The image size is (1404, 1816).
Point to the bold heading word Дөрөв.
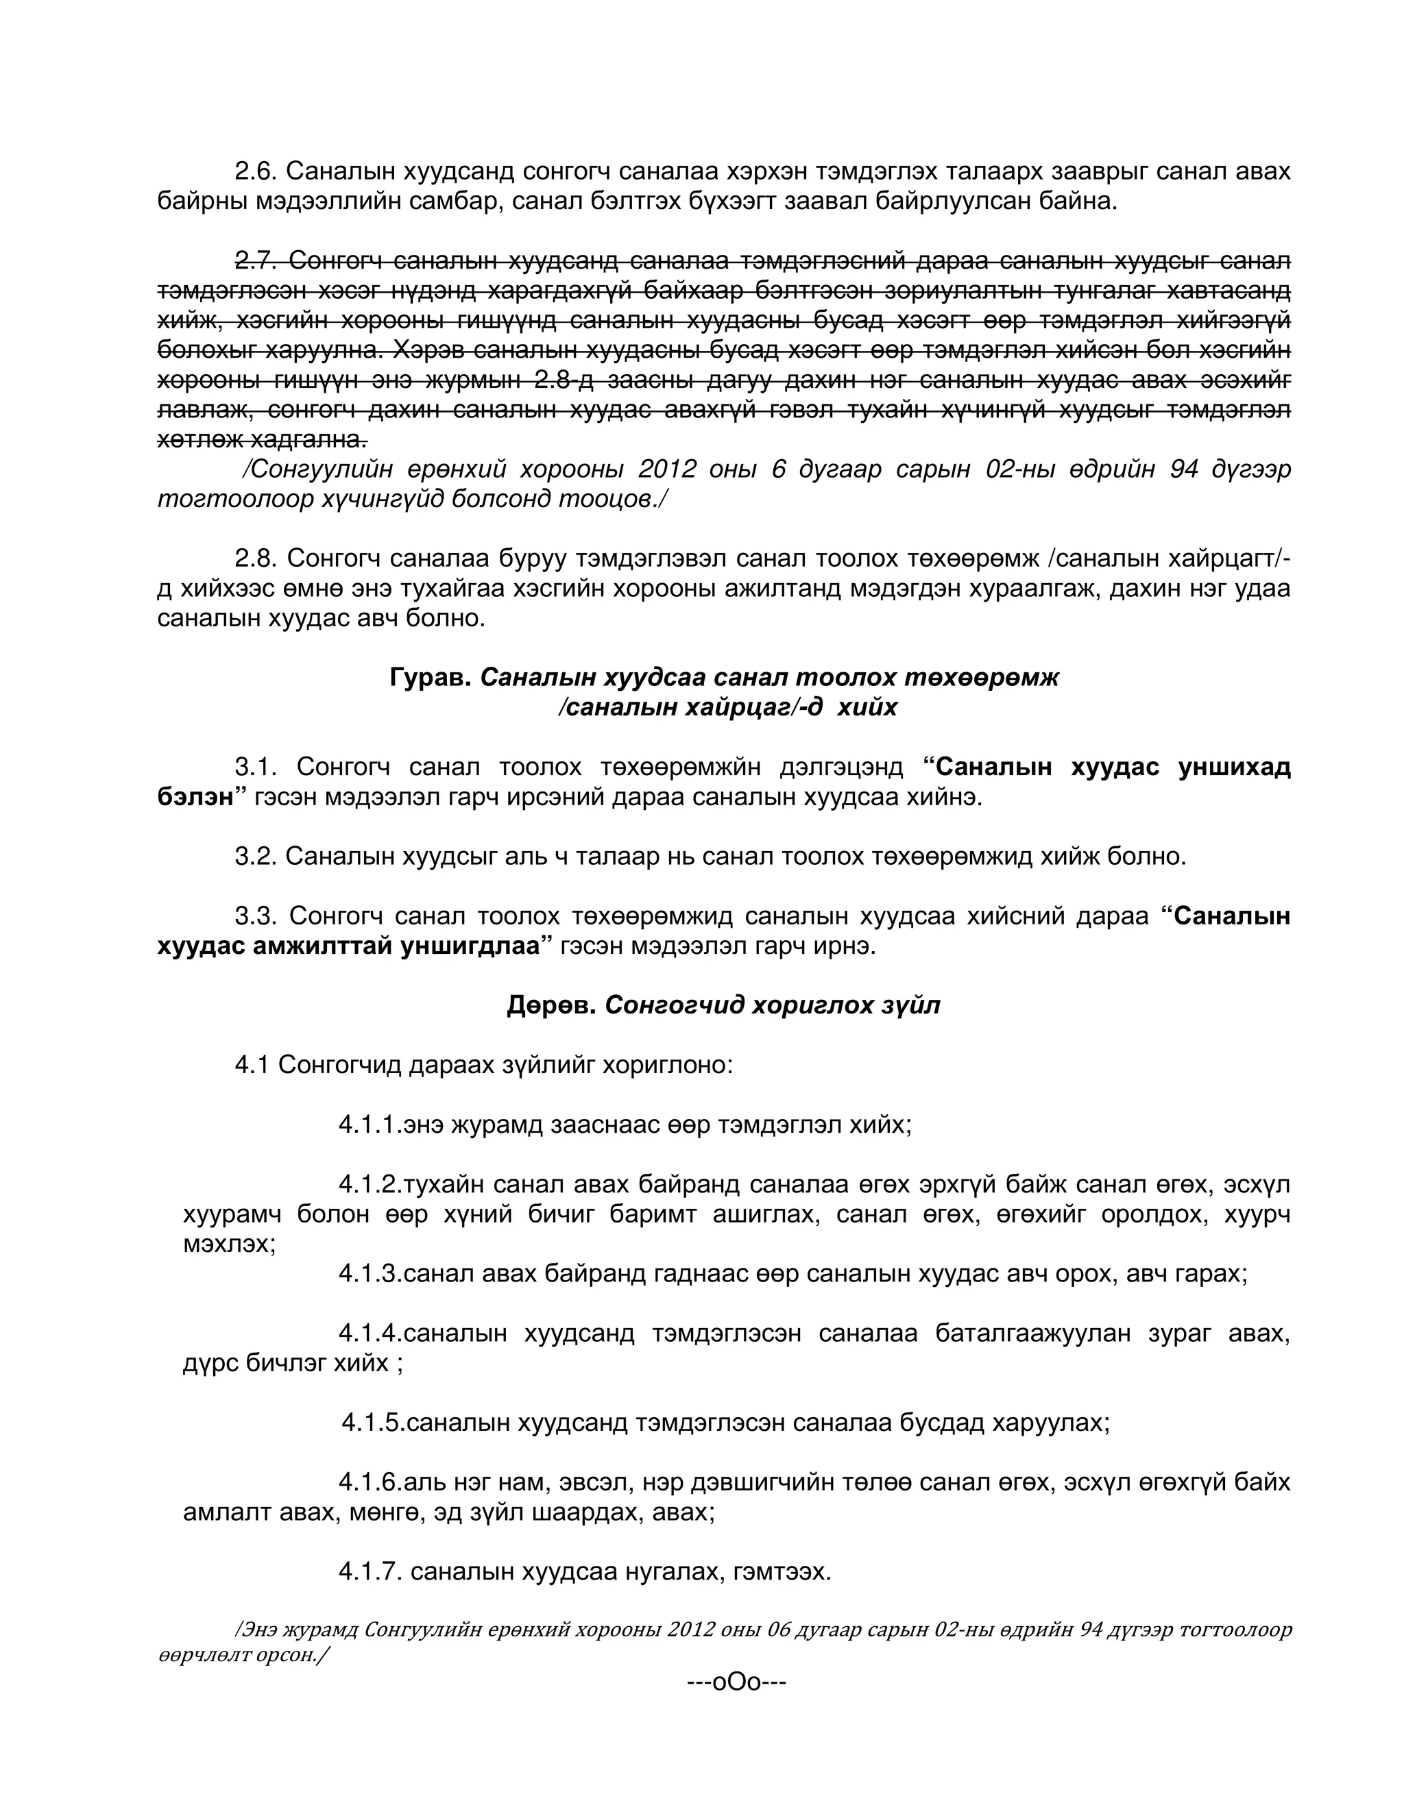(x=550, y=1005)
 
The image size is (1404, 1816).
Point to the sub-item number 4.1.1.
(x=370, y=1125)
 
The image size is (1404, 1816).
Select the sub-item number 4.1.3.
(x=370, y=1274)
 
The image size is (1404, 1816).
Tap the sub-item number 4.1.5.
(x=374, y=1423)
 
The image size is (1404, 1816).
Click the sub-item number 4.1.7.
(x=370, y=1571)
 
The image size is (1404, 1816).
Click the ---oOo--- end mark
(x=736, y=1682)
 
